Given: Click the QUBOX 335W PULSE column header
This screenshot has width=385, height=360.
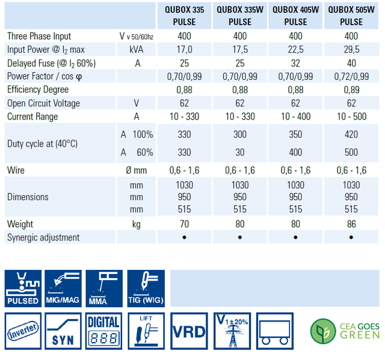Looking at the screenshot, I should (x=239, y=16).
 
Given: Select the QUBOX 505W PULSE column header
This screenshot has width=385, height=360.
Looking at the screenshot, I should (x=351, y=16).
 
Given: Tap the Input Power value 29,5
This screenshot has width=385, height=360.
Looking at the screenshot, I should (x=351, y=50).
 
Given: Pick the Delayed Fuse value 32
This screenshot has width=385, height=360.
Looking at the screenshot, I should (x=295, y=63).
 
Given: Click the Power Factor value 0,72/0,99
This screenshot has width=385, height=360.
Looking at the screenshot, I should (x=351, y=76).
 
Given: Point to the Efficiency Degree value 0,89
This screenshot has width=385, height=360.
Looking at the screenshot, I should (x=351, y=90).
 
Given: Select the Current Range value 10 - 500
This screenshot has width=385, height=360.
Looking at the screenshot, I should (x=351, y=116).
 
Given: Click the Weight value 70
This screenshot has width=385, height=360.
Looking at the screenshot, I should (x=184, y=224).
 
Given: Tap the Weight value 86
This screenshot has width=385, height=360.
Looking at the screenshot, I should (x=351, y=224).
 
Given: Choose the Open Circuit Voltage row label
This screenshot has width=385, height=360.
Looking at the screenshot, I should (x=43, y=103).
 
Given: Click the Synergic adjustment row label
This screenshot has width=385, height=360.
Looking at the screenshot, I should (x=43, y=237).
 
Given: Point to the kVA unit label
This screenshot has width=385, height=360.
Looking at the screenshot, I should (x=137, y=50).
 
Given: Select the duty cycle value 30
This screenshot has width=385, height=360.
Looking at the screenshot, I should (x=239, y=153).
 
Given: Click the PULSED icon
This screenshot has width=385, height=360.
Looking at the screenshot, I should (x=23, y=288).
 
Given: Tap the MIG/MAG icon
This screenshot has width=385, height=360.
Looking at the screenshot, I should (x=63, y=288).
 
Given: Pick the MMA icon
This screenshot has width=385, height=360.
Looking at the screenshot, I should (x=104, y=288).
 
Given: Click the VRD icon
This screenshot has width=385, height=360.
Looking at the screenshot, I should (x=188, y=331).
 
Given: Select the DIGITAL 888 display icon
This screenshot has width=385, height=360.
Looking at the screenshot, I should (x=104, y=331).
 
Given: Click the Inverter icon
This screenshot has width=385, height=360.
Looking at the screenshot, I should (x=23, y=331).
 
